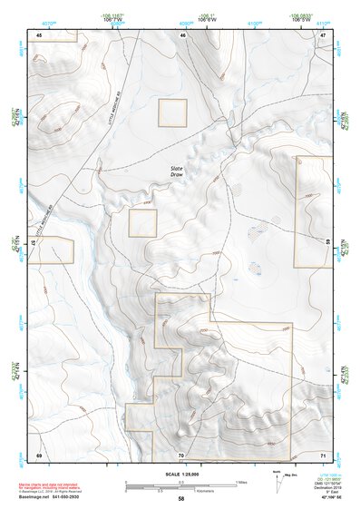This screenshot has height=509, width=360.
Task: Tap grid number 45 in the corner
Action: click(39, 34)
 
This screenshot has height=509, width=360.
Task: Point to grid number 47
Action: click(322, 34)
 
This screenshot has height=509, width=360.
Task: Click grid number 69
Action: click(39, 454)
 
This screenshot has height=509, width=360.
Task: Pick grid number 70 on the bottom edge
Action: click(181, 454)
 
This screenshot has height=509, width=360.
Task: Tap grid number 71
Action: click(322, 454)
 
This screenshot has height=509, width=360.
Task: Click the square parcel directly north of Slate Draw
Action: click(172, 113)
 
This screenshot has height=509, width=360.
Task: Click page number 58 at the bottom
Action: click(180, 500)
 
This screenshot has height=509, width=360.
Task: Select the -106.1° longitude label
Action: click(208, 15)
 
